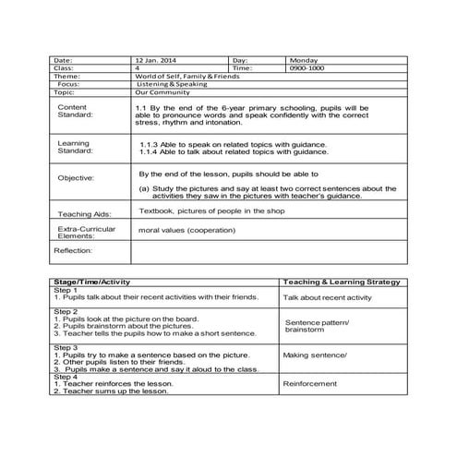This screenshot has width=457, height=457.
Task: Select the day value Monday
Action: [304, 59]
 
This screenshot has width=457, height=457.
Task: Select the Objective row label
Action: [76, 177]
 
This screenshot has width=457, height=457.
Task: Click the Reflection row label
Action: [73, 250]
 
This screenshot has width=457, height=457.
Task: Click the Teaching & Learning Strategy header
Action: [341, 281]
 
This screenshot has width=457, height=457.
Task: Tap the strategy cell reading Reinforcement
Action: [311, 383]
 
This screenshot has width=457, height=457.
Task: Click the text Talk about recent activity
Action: [328, 298]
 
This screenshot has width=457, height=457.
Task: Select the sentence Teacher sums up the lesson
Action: [111, 391]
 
